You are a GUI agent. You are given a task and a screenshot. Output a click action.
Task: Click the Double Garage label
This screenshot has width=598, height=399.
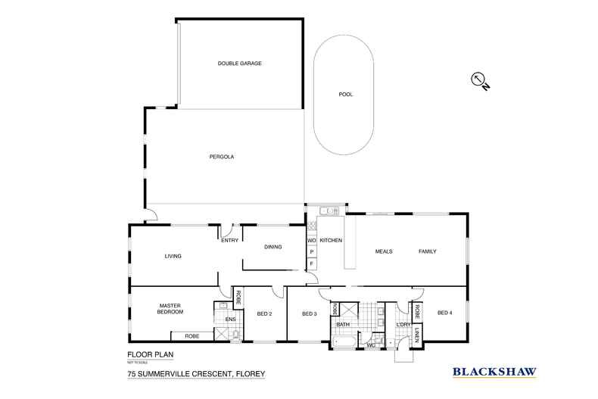[x=239, y=64]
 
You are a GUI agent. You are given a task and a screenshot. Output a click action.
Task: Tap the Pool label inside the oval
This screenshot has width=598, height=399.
[x=346, y=95]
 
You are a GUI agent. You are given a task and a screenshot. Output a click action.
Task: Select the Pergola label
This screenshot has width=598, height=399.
[x=222, y=157]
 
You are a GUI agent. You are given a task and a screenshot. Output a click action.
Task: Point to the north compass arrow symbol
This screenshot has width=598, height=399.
[x=478, y=80]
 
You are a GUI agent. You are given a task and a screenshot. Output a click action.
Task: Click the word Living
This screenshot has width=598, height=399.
[x=173, y=256]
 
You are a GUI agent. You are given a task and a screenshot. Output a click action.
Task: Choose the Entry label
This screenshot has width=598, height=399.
[x=230, y=241]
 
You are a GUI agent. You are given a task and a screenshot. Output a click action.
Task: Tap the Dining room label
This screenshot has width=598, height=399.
[x=273, y=247]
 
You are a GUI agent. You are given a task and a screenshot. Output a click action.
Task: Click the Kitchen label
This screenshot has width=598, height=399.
[x=331, y=241]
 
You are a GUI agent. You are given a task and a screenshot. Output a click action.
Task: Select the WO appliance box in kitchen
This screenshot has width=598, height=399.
[x=310, y=242]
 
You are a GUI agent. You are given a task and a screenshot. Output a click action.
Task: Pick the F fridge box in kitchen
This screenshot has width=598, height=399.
[x=310, y=263]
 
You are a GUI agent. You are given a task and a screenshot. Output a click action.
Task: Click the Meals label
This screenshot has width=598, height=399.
[x=384, y=251]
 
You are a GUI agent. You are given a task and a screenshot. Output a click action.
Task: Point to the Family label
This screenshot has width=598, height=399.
[x=427, y=251]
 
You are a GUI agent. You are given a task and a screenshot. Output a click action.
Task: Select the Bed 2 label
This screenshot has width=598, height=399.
[x=264, y=314]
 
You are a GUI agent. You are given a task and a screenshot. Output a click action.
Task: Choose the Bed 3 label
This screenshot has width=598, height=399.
[x=309, y=314]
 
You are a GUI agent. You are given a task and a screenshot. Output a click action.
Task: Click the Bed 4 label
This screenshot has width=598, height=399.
[x=444, y=313]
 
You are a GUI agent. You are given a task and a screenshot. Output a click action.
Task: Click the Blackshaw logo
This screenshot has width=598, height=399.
[x=494, y=371]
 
